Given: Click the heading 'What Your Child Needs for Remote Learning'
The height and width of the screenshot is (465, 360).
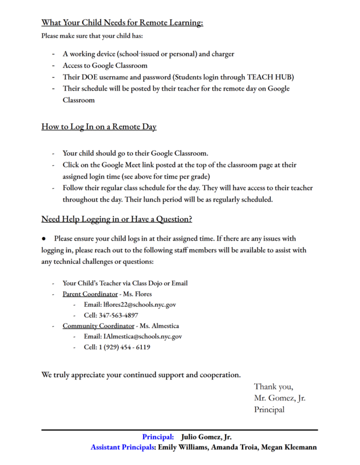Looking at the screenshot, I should click(x=122, y=23).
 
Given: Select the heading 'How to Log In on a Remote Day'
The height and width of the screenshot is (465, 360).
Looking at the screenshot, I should click(x=99, y=127).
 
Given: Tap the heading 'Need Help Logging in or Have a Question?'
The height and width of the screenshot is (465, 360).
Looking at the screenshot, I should click(x=116, y=219).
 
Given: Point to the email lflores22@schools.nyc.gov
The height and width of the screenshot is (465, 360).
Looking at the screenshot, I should click(x=139, y=304).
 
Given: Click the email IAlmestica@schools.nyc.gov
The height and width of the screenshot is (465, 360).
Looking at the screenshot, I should click(x=142, y=337).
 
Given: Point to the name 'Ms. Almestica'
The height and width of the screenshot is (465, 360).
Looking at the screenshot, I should click(x=159, y=326).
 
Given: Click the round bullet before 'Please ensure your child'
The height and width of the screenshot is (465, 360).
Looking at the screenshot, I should click(x=44, y=239).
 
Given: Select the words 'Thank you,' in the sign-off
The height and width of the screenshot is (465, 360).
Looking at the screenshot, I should click(x=273, y=387).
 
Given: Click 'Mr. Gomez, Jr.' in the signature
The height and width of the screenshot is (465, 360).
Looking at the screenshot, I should click(x=280, y=398).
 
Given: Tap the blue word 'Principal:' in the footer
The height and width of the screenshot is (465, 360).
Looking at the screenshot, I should click(x=158, y=437).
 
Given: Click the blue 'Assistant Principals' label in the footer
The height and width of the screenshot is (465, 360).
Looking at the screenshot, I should click(x=123, y=448).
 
